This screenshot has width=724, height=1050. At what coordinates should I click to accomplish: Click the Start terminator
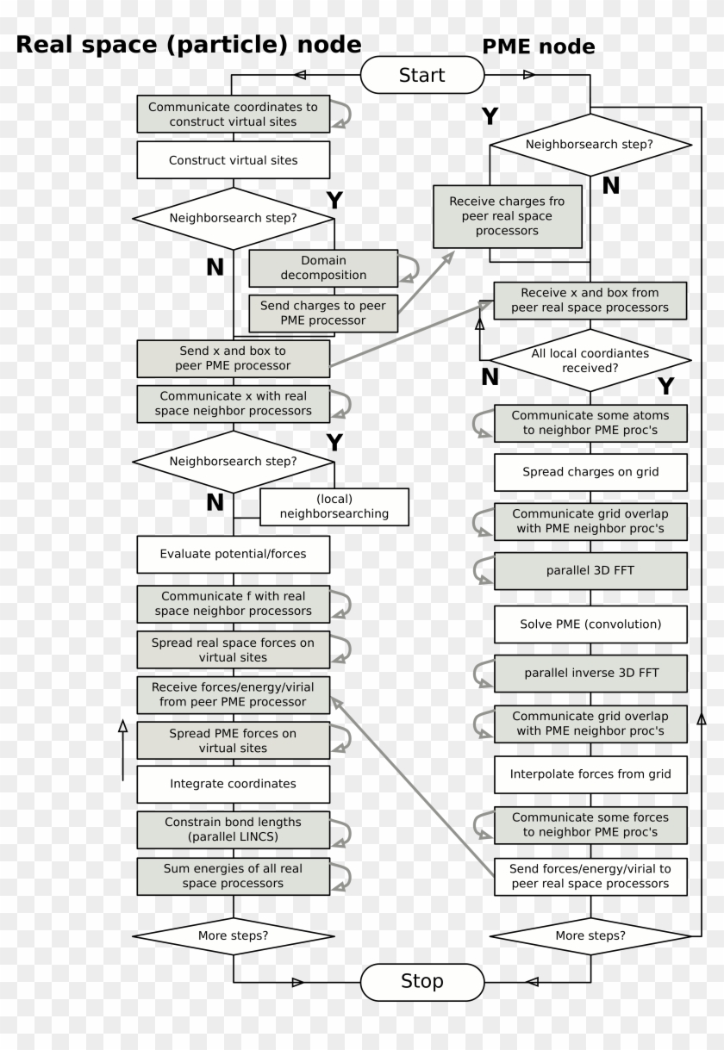pos(421,75)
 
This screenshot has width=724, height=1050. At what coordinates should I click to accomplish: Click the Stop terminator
pos(421,981)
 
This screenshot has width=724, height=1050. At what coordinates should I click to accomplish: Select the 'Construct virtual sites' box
pos(233,160)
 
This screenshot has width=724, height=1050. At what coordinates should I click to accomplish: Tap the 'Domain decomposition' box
pos(322,268)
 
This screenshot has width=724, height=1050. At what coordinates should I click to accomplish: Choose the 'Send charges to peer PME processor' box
pos(323,314)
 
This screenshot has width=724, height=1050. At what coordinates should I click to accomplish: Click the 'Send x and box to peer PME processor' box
pos(233,358)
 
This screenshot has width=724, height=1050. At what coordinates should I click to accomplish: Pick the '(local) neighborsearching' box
pos(334,506)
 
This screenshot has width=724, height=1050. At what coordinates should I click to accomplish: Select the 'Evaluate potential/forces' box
pos(233,554)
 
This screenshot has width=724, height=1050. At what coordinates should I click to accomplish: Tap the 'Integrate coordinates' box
pos(233,784)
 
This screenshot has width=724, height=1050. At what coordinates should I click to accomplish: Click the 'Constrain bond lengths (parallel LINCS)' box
pos(233,829)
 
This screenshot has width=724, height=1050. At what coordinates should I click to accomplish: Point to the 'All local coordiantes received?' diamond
pos(590,360)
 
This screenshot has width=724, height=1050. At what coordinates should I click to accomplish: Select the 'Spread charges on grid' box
pos(590,472)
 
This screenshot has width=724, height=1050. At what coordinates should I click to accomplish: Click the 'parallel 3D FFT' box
pos(590,570)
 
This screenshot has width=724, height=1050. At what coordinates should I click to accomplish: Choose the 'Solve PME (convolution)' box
pos(590,624)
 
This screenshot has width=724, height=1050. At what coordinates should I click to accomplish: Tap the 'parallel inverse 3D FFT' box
pos(590,673)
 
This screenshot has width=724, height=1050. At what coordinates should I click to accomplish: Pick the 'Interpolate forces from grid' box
pos(590,774)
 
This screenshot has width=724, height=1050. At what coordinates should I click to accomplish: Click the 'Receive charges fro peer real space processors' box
pos(506,216)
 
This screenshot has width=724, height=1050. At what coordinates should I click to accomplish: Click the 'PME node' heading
pos(538,47)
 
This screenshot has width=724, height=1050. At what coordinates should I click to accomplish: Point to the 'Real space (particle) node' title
pos(189,45)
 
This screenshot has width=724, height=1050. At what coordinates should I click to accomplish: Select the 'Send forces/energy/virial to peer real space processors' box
pos(590,876)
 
